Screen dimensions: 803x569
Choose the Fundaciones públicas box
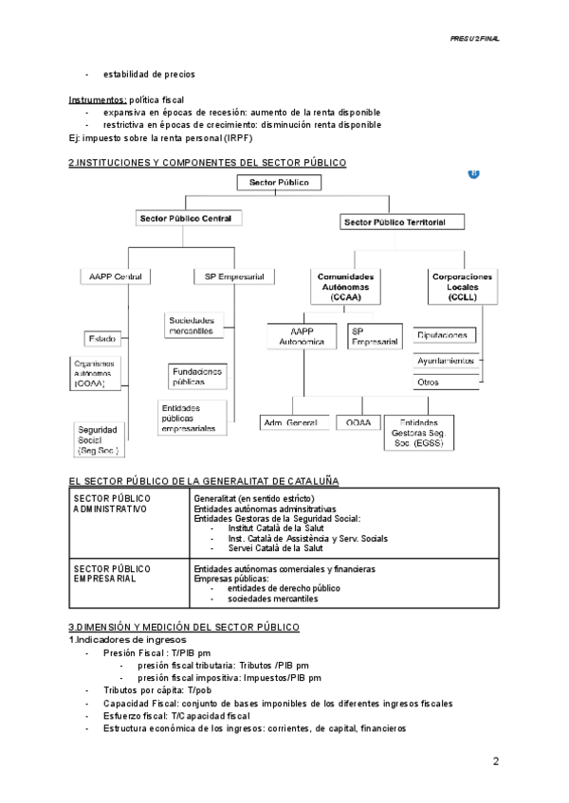pos(198,377)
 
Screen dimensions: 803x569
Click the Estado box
pos(103,338)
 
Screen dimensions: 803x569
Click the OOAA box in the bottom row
pos(358,420)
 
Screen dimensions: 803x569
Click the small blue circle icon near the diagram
pos(474,173)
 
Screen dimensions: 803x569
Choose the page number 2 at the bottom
pos(495,761)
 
